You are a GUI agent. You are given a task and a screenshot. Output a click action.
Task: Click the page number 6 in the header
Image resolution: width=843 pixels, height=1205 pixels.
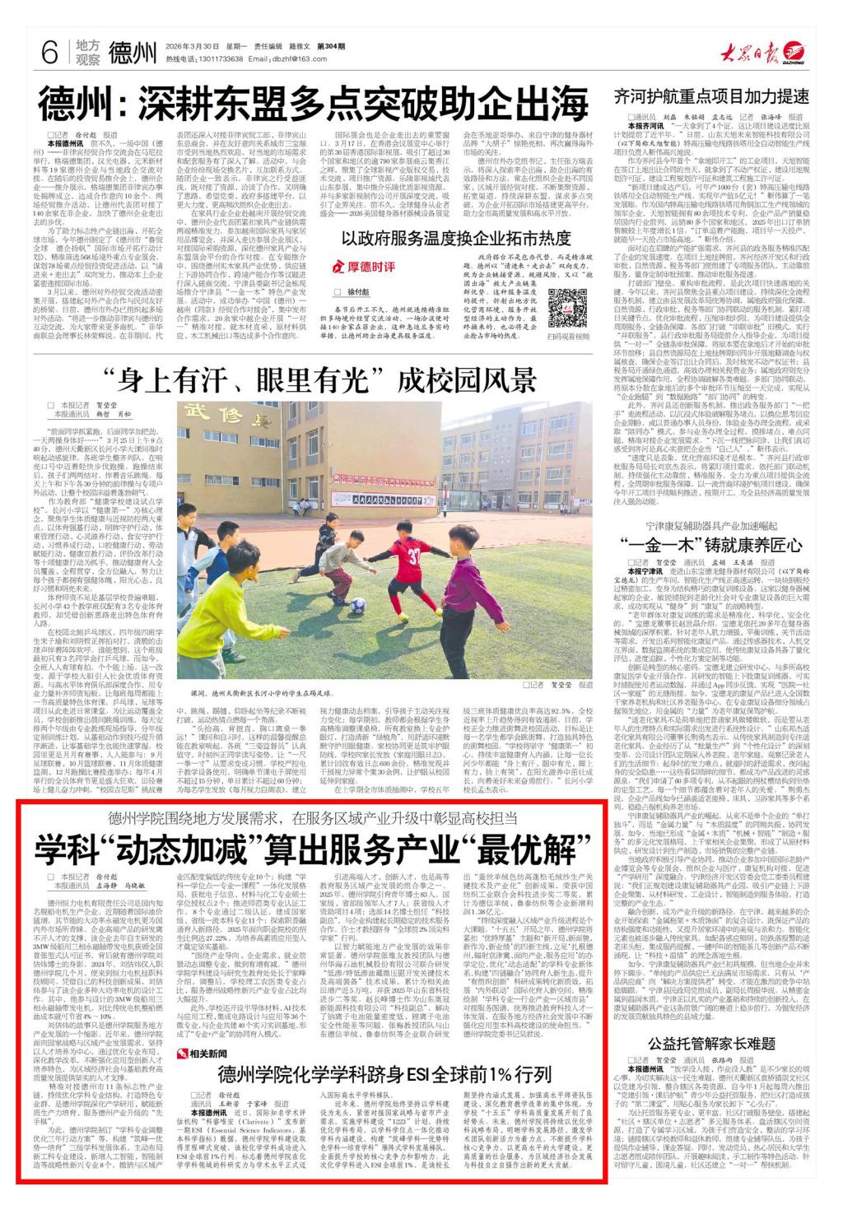click(x=49, y=54)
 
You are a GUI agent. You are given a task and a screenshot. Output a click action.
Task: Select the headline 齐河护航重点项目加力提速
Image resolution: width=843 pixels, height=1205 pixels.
click(x=710, y=96)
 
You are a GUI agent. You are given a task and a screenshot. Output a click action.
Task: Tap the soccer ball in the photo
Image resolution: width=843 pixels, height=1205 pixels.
click(x=356, y=605)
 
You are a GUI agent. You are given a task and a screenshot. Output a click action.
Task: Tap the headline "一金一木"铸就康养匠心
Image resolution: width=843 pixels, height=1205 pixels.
click(x=710, y=545)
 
